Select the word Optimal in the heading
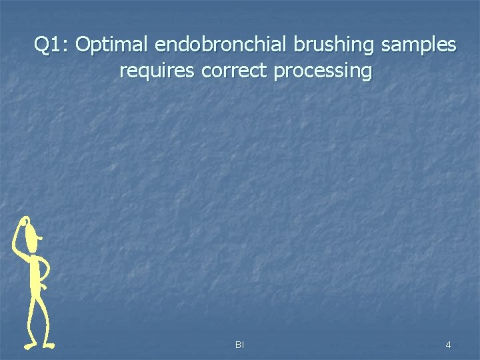[113, 45]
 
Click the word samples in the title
[419, 45]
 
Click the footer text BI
[239, 345]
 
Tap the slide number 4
[448, 345]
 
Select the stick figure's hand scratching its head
[25, 221]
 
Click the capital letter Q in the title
[41, 45]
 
